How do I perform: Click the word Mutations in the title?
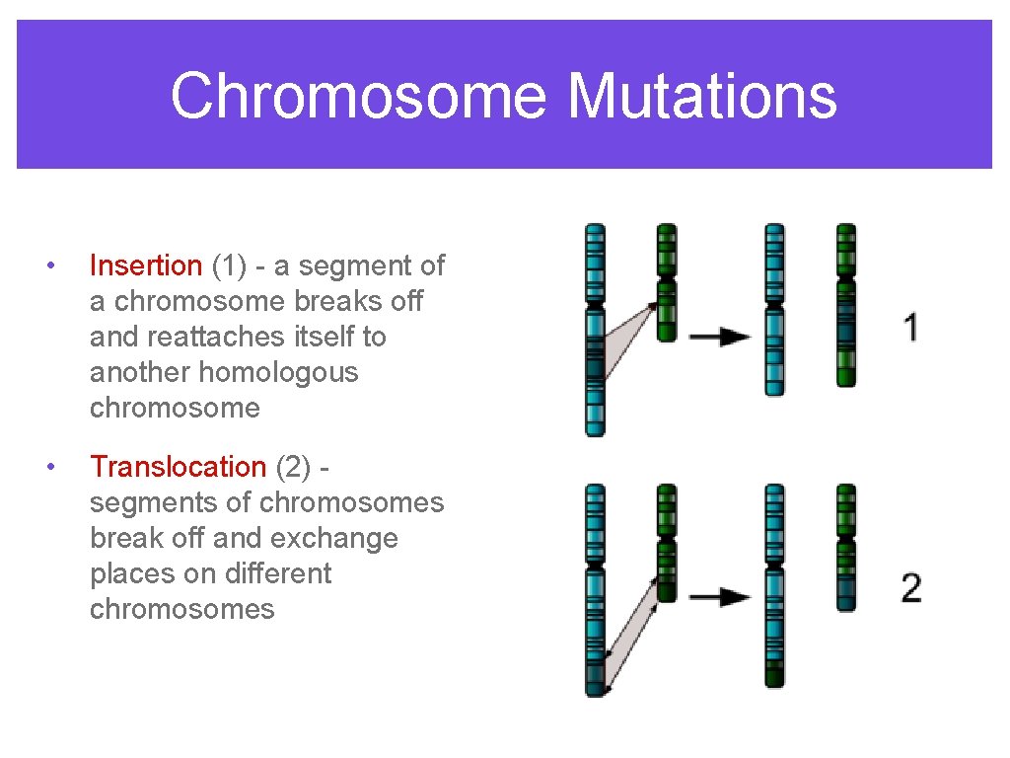click(702, 97)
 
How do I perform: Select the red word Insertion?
click(145, 265)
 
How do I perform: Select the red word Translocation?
click(178, 467)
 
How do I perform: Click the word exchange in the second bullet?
click(342, 538)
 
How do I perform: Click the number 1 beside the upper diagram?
click(912, 327)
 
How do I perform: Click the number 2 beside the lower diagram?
click(911, 587)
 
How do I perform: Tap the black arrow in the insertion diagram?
click(719, 337)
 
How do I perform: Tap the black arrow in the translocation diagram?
click(719, 596)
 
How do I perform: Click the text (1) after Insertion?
click(228, 265)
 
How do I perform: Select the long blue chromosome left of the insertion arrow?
click(595, 330)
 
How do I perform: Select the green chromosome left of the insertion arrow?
click(667, 282)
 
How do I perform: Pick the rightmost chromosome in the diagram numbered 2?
click(846, 547)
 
